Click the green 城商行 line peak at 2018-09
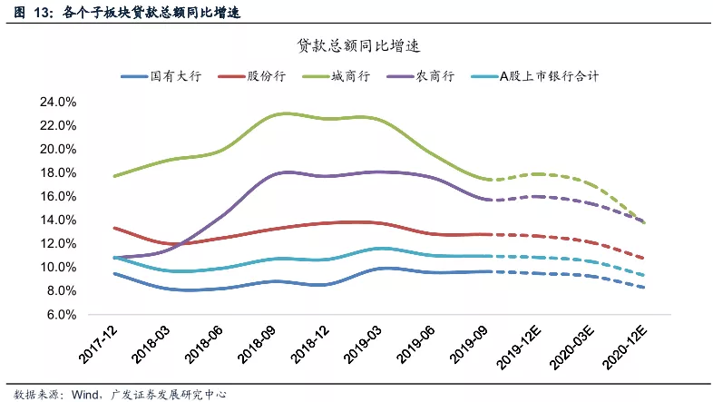point(284,113)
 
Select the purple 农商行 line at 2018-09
point(284,172)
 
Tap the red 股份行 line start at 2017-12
point(113,228)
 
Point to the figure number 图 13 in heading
point(25,12)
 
